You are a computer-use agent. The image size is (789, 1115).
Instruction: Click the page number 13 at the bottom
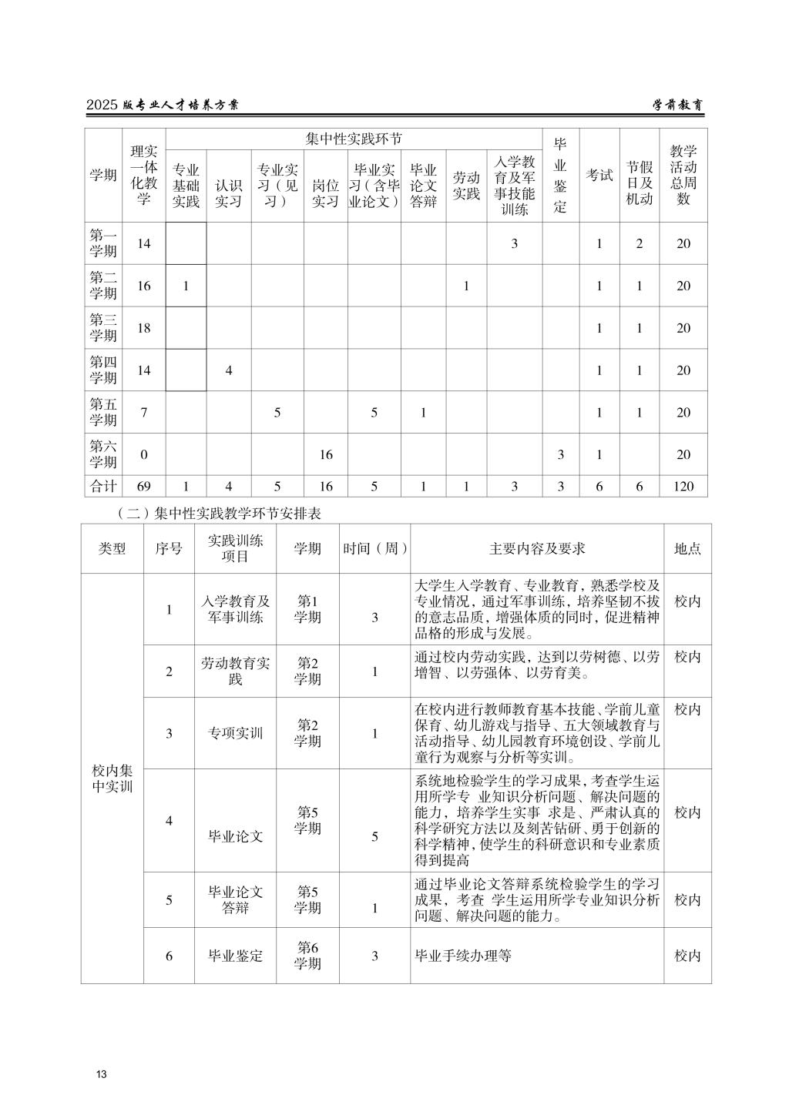[101, 1074]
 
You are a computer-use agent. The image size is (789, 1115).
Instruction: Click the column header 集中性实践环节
[354, 139]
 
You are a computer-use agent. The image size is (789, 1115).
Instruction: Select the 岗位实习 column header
[325, 194]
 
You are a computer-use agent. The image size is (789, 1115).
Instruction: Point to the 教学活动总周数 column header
[683, 175]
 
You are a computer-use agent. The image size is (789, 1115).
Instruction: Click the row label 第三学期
[103, 328]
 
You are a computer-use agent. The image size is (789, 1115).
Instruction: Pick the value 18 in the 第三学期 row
[144, 328]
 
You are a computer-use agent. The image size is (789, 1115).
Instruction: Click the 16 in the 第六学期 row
[325, 454]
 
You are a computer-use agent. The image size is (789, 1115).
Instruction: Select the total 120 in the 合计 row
[683, 486]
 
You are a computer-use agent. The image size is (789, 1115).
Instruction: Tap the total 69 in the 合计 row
[144, 486]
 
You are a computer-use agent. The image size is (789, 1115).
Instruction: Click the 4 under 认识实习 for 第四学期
[228, 370]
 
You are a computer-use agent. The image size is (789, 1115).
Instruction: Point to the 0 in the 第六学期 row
[144, 454]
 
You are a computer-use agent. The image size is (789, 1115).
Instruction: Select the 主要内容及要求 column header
[536, 548]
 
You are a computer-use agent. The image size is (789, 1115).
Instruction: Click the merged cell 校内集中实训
[112, 778]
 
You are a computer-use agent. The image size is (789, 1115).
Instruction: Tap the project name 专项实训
[235, 733]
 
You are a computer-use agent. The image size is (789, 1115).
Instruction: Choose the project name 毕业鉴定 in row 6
[235, 956]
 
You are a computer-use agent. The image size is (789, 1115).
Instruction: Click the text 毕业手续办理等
[463, 956]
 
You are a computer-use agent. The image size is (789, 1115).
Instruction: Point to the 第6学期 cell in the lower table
[307, 956]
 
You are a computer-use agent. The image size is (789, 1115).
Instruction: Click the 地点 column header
[687, 548]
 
